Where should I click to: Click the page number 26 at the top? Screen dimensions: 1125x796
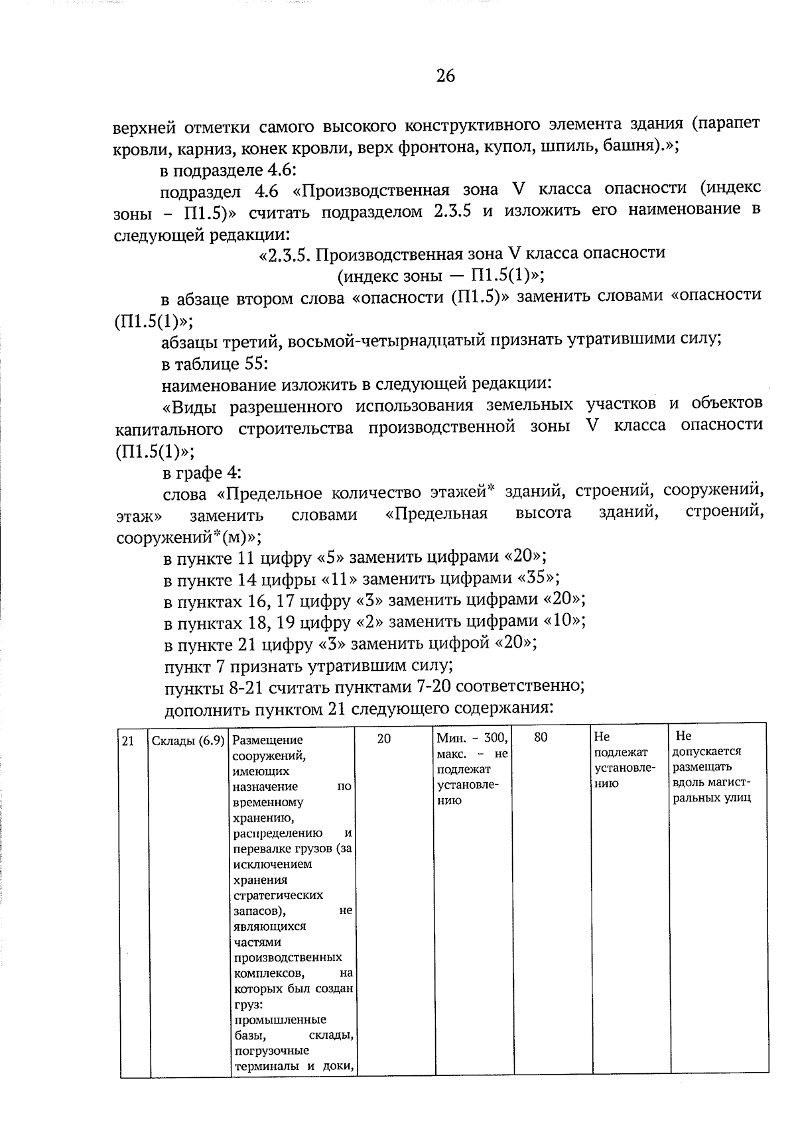(446, 76)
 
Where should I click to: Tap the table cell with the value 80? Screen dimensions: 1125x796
(541, 737)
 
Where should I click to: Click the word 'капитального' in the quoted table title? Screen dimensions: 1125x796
(169, 429)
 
